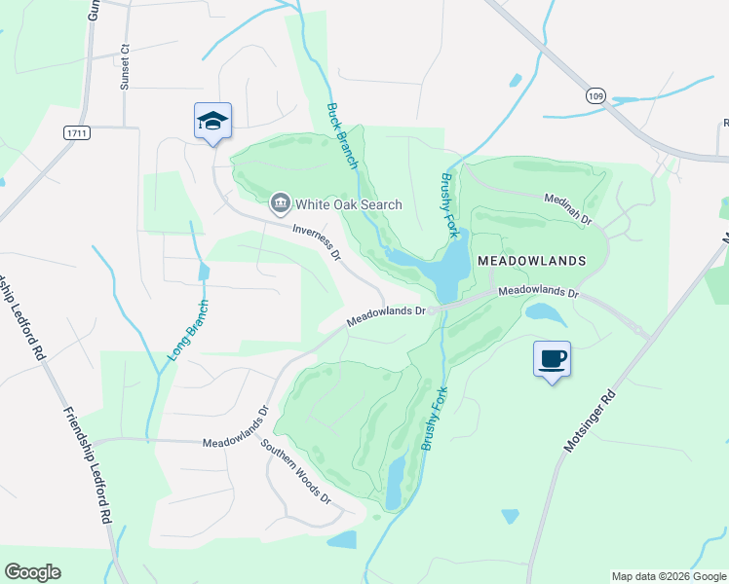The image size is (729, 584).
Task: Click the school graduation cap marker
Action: [x=212, y=122]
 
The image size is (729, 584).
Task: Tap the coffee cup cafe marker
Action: [x=552, y=359]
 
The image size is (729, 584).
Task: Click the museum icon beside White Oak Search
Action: [x=280, y=203]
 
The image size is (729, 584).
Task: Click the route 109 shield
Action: [x=595, y=95]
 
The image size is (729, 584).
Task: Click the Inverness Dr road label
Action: [x=317, y=242]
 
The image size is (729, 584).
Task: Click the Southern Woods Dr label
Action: [x=296, y=472]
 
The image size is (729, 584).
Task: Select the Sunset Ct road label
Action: [x=125, y=66]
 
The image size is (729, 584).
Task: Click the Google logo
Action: [x=32, y=572]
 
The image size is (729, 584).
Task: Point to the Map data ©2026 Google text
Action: [x=669, y=576]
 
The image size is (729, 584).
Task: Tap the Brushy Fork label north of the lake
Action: [x=450, y=199]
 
